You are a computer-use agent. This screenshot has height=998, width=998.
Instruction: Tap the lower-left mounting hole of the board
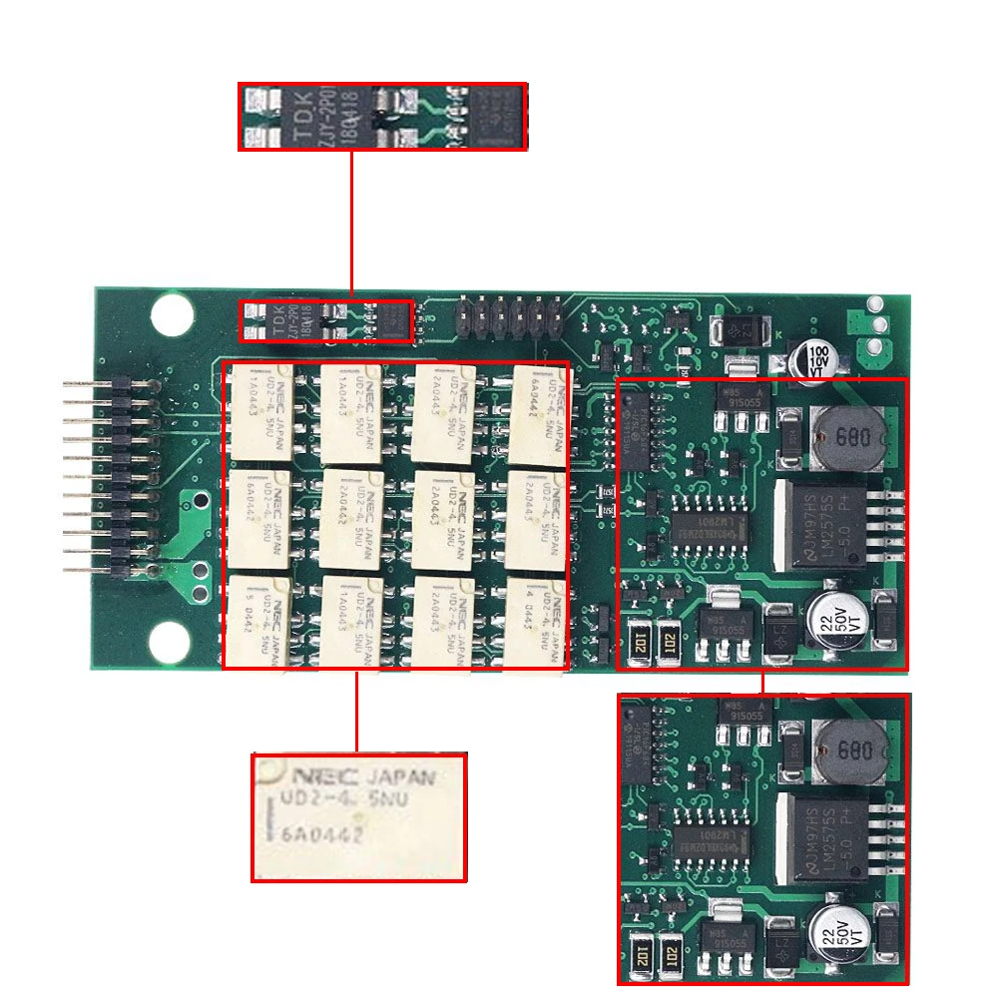click(172, 639)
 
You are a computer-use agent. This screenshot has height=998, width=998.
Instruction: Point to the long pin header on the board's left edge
click(122, 477)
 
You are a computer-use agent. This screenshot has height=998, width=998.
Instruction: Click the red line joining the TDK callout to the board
click(351, 225)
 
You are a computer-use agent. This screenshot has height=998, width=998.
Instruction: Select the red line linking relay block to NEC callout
click(357, 711)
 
